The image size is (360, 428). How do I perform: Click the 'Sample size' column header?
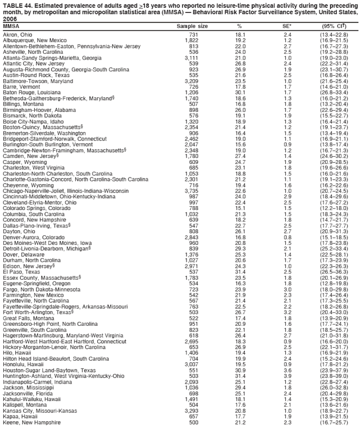192,26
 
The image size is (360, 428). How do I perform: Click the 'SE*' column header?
287,26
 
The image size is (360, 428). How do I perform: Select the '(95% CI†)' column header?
334,26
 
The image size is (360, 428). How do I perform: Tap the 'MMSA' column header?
11,26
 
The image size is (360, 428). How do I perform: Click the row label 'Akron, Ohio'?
17,35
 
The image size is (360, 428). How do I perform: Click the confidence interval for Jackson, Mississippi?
334,388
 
